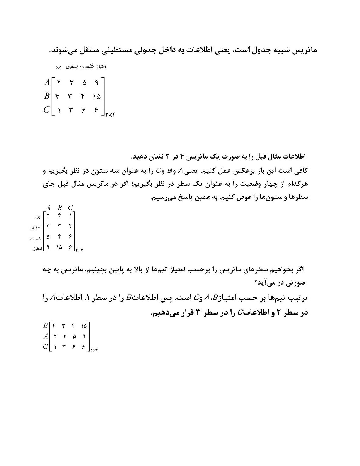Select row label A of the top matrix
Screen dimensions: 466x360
(x=47, y=83)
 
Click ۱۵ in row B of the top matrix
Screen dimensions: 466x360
(x=97, y=96)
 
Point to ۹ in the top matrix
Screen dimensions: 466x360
(x=96, y=83)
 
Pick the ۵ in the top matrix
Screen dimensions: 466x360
(x=84, y=83)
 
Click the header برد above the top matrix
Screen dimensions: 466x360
(x=58, y=67)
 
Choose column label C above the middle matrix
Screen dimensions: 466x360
(x=71, y=208)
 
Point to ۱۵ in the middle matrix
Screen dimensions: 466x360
(x=59, y=248)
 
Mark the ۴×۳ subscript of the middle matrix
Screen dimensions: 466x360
(x=79, y=250)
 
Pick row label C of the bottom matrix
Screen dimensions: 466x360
(x=46, y=347)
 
